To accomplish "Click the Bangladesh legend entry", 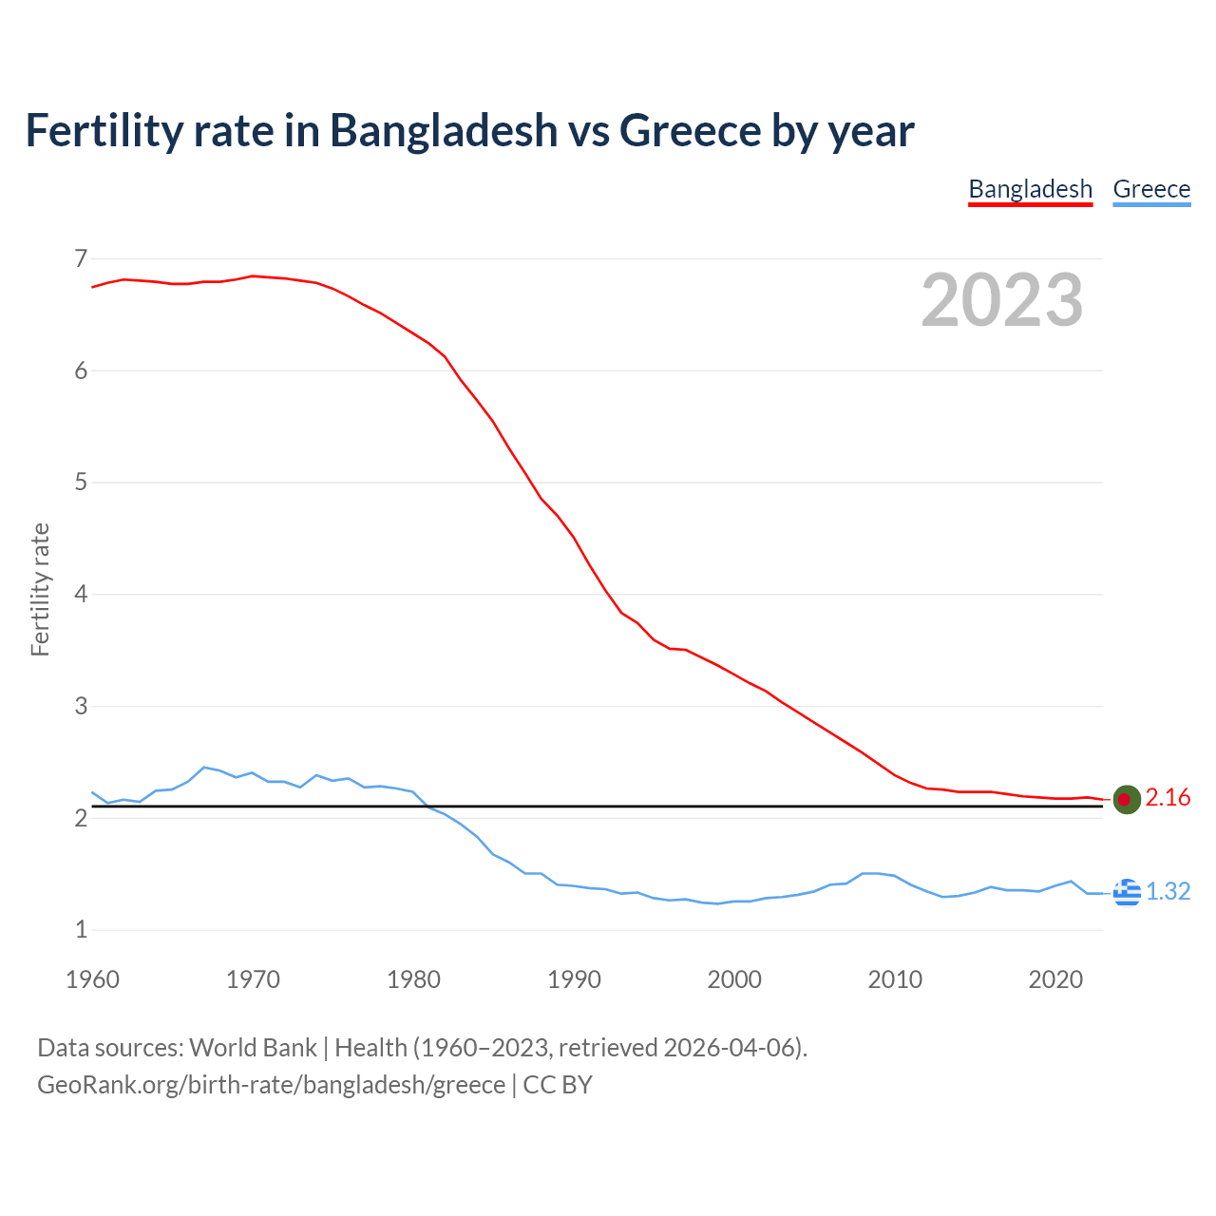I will click(x=1030, y=189).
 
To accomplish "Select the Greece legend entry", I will click(x=1151, y=189).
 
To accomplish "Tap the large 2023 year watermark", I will click(x=1001, y=300).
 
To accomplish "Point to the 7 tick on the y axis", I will click(x=81, y=258).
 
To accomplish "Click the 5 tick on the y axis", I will click(x=81, y=483).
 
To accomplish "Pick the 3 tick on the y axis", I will click(x=81, y=706).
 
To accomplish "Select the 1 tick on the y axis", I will click(x=81, y=930).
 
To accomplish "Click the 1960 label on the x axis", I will click(x=92, y=979).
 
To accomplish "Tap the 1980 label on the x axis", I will click(x=413, y=979).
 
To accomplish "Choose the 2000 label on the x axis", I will click(x=734, y=979).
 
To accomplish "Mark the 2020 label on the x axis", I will click(x=1055, y=979).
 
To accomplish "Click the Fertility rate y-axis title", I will click(x=40, y=589).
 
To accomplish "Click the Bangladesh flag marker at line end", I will click(x=1126, y=800).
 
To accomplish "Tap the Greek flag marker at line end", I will click(x=1127, y=892).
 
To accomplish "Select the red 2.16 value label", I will click(x=1168, y=798).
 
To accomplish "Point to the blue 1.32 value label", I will click(x=1168, y=891).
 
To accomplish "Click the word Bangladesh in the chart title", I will click(x=444, y=130).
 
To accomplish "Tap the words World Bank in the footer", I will click(x=253, y=1048).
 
